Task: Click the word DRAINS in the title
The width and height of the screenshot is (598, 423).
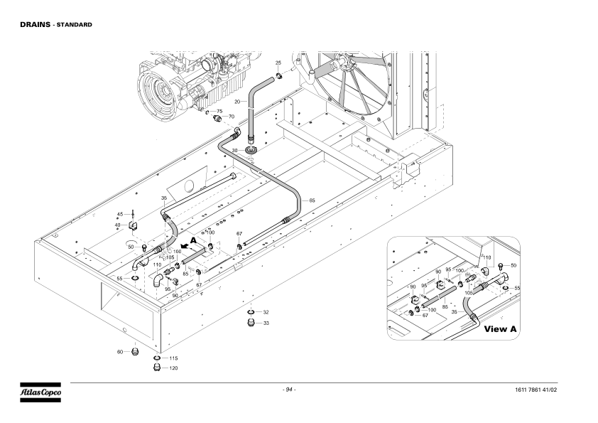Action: click(35, 24)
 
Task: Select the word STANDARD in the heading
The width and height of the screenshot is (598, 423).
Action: click(75, 25)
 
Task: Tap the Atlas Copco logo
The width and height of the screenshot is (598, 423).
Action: click(40, 392)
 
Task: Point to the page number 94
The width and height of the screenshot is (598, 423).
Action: click(289, 390)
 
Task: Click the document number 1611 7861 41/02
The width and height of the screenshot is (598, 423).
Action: click(536, 390)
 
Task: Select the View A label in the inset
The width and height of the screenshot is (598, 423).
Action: click(501, 328)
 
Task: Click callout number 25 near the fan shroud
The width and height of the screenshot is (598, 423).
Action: click(278, 63)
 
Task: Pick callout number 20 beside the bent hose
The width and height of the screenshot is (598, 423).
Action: click(237, 102)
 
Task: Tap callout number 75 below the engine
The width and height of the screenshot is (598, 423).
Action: click(219, 111)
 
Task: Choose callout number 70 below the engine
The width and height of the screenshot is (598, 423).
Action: click(232, 117)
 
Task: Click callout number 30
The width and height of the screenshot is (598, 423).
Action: click(234, 151)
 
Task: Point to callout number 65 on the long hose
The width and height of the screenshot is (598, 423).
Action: click(312, 200)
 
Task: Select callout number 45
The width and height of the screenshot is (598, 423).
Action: click(120, 214)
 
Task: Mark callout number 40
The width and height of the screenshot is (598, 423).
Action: click(117, 225)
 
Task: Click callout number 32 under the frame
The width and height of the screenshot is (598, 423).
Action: click(266, 312)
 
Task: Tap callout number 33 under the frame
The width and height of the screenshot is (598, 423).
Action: click(266, 323)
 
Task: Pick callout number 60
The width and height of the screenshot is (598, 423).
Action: click(120, 352)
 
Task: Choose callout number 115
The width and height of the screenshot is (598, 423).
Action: click(173, 358)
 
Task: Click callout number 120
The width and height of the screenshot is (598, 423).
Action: click(173, 368)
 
